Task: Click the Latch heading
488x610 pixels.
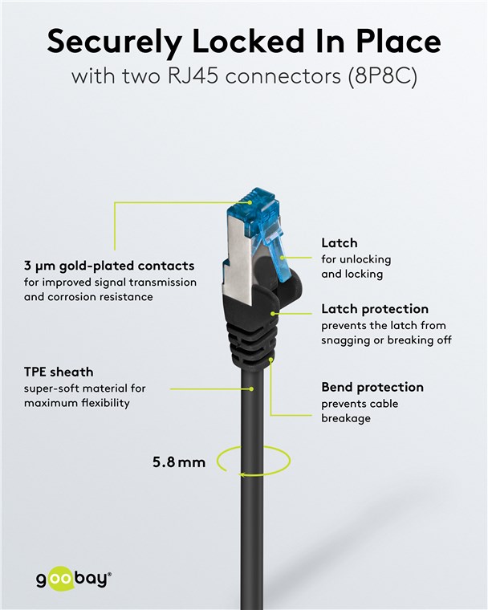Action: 339,242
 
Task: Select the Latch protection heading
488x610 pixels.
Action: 374,309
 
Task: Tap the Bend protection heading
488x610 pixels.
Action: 372,387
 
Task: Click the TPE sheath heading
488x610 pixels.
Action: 59,372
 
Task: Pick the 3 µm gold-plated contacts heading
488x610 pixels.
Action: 109,266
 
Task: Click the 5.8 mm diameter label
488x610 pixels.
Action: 179,462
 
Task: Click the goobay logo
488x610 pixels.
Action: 73,579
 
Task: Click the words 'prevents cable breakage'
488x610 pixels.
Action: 360,411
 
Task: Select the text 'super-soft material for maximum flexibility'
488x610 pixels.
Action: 84,396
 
